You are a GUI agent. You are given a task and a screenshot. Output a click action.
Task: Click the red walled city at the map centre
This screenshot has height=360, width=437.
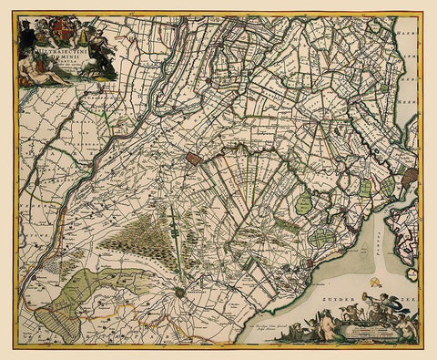(193, 159)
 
